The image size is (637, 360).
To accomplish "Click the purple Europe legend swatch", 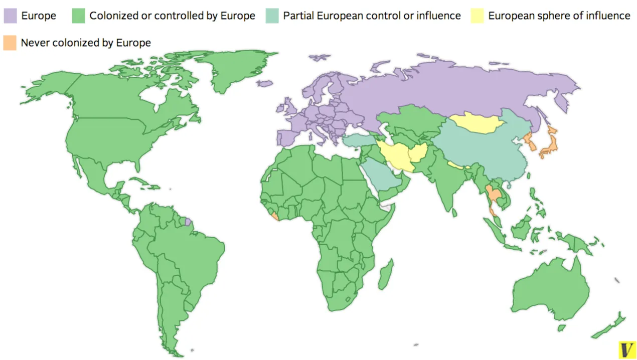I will click(11, 16).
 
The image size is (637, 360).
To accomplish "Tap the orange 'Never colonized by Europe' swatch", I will click(10, 43).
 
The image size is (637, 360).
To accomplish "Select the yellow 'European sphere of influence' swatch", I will click(477, 16).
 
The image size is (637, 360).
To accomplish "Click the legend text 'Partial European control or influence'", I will click(372, 16).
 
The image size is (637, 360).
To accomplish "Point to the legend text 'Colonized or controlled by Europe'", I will click(172, 16).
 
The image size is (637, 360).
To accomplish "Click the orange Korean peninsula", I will click(530, 142).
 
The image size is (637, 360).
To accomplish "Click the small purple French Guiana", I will click(188, 222).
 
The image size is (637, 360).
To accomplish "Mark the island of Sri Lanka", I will click(454, 213).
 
